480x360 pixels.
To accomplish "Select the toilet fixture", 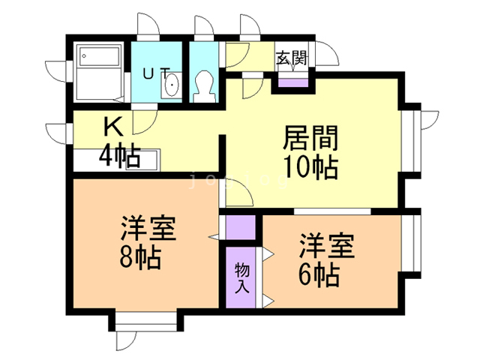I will tap(203, 85).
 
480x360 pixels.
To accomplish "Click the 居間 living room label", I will tap(311, 138).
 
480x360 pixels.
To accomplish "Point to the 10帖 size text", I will tap(311, 166).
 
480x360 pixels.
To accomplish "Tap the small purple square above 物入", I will tap(241, 226).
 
